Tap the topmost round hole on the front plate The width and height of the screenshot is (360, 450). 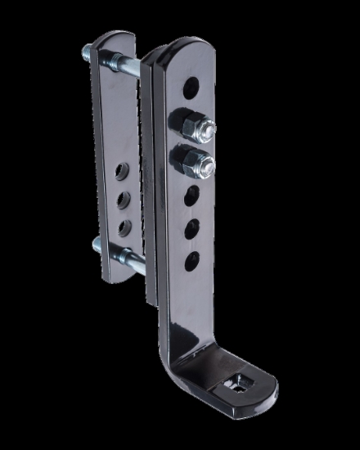194,84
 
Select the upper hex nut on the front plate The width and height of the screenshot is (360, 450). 187,124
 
